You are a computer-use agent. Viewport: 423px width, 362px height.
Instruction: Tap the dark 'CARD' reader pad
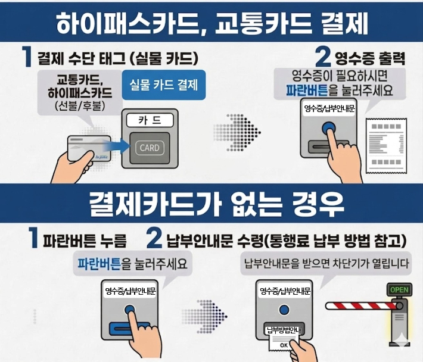pyautogui.click(x=149, y=147)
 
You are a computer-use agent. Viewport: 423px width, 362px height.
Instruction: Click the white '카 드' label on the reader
pyautogui.click(x=149, y=120)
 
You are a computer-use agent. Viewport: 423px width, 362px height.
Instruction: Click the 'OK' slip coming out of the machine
pyautogui.click(x=283, y=344)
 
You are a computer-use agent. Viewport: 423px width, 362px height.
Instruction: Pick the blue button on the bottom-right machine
pyautogui.click(x=284, y=309)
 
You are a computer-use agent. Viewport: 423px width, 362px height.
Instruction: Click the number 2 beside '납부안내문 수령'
pyautogui.click(x=154, y=239)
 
